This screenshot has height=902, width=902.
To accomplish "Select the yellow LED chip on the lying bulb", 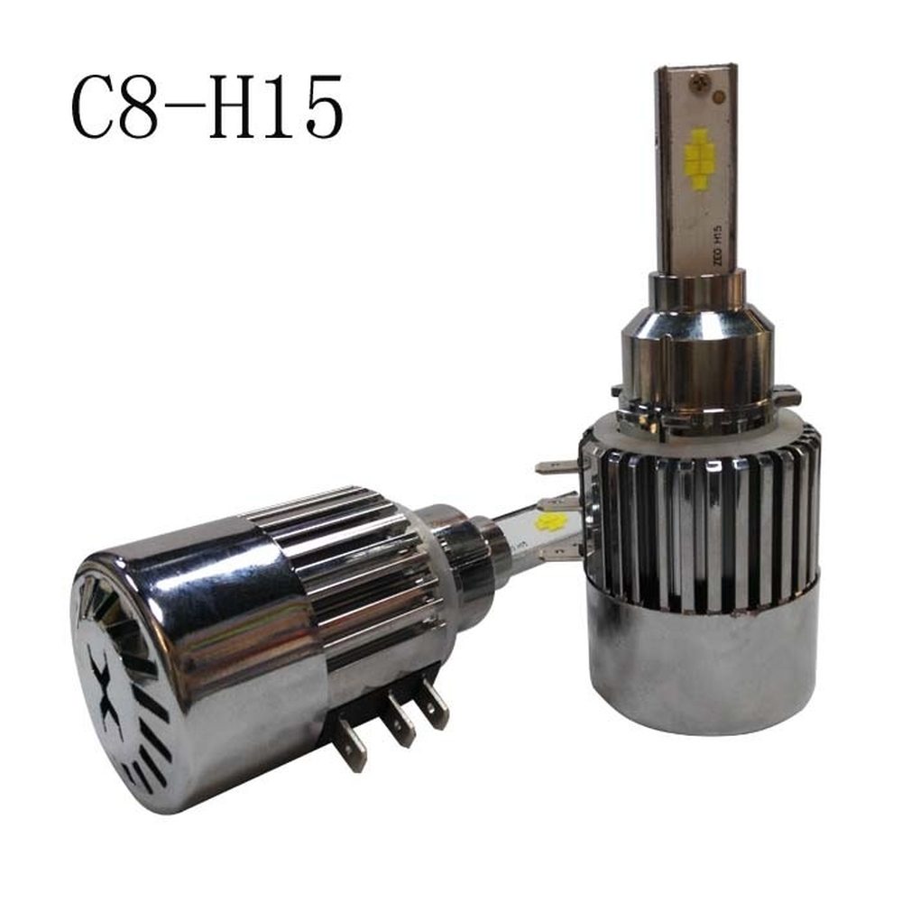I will coord(551,520).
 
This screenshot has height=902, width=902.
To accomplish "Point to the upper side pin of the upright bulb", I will coord(556,466).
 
